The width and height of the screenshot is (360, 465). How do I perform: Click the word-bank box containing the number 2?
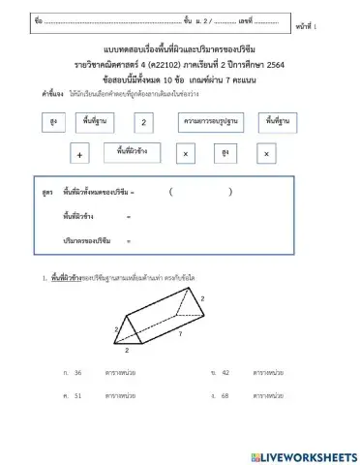[x=143, y=123]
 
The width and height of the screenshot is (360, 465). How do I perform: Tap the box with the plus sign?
[x=79, y=154]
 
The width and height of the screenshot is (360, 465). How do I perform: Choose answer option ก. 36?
[x=78, y=372]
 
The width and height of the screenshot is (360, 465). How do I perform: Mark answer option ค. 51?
[x=78, y=395]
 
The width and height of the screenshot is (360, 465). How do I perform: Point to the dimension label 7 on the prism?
[x=178, y=332]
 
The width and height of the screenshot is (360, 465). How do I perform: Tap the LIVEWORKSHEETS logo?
[x=303, y=455]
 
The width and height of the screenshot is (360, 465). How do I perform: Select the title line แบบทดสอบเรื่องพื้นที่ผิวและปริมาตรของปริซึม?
[x=182, y=48]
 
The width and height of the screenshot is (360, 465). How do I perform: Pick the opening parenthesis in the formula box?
[x=170, y=192]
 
